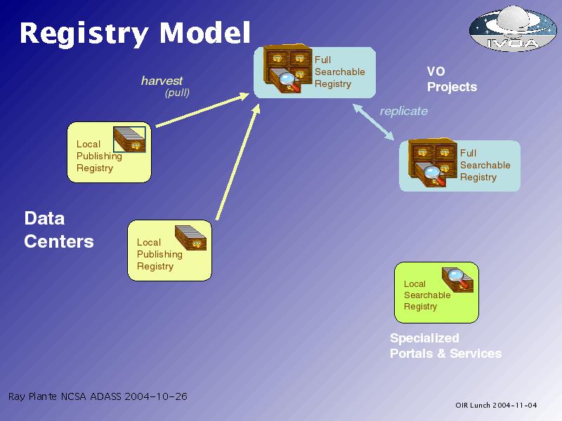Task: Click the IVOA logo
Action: point(513,28)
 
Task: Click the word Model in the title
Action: point(204,33)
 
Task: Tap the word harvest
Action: point(162,81)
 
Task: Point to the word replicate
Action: point(403,111)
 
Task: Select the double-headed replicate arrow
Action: point(374,121)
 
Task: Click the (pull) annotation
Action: point(177,93)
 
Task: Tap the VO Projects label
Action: point(452,79)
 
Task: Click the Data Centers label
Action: point(59,230)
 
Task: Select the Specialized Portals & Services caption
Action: point(445,346)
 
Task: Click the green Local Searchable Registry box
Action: point(436,293)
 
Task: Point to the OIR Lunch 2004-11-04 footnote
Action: point(496,406)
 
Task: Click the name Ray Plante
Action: point(32,396)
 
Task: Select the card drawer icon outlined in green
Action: point(129,139)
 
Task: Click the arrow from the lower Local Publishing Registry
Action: point(238,162)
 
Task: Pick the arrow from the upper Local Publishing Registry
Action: point(202,110)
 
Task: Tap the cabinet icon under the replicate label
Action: point(433,163)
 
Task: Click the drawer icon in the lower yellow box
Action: point(190,238)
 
